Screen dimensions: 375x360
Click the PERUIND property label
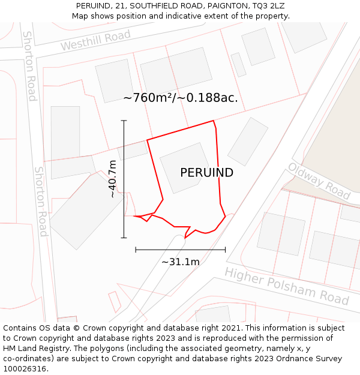click(206, 173)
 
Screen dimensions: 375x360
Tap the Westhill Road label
click(95, 41)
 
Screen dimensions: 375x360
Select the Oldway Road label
click(319, 181)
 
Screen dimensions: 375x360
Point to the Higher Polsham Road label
click(287, 286)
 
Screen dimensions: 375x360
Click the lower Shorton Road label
click(41, 201)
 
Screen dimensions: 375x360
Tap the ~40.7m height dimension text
click(112, 179)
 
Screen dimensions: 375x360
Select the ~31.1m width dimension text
click(181, 262)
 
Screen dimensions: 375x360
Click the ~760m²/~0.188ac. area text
click(181, 98)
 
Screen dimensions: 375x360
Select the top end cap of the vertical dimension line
click(124, 121)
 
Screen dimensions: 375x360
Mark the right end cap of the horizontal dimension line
click(226, 249)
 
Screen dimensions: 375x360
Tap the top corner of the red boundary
click(214, 121)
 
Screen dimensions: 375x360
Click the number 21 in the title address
click(121, 6)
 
